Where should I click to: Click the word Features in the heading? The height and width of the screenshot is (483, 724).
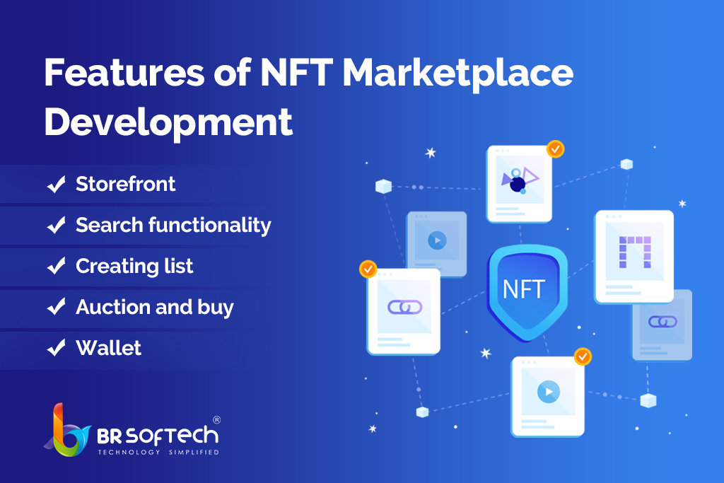pyautogui.click(x=124, y=73)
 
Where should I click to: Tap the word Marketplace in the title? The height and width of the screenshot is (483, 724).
pyautogui.click(x=457, y=74)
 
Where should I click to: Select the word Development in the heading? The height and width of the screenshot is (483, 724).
pyautogui.click(x=168, y=122)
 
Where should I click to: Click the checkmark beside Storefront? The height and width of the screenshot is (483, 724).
pyautogui.click(x=57, y=185)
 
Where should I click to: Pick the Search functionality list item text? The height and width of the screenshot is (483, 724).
pyautogui.click(x=173, y=226)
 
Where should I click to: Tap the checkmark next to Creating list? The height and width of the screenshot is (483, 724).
pyautogui.click(x=57, y=266)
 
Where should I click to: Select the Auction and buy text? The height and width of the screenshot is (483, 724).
pyautogui.click(x=155, y=307)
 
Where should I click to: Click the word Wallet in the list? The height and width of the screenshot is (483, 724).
pyautogui.click(x=108, y=348)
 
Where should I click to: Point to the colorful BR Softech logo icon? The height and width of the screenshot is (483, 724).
pyautogui.click(x=67, y=431)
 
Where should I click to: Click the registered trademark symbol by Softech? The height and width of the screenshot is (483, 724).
pyautogui.click(x=216, y=420)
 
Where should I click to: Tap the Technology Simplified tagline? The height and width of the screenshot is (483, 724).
pyautogui.click(x=158, y=452)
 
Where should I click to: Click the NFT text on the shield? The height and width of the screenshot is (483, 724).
pyautogui.click(x=524, y=289)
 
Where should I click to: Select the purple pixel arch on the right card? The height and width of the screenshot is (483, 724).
pyautogui.click(x=635, y=252)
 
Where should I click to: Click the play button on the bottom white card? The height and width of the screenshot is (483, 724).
pyautogui.click(x=549, y=392)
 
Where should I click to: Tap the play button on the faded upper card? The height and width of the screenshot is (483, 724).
pyautogui.click(x=437, y=240)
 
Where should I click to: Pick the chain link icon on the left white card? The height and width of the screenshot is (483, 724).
pyautogui.click(x=404, y=307)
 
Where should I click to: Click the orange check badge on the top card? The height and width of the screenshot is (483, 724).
pyautogui.click(x=555, y=149)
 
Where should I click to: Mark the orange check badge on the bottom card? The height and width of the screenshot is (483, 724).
pyautogui.click(x=583, y=356)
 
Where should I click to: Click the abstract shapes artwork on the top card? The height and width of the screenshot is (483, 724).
pyautogui.click(x=520, y=180)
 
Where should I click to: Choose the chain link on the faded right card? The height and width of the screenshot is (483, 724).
pyautogui.click(x=662, y=321)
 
